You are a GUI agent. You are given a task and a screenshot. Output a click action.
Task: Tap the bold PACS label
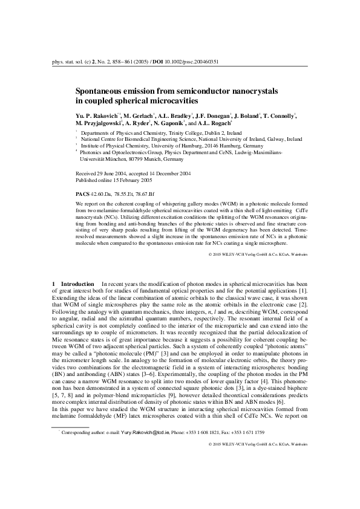tap(82, 193)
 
